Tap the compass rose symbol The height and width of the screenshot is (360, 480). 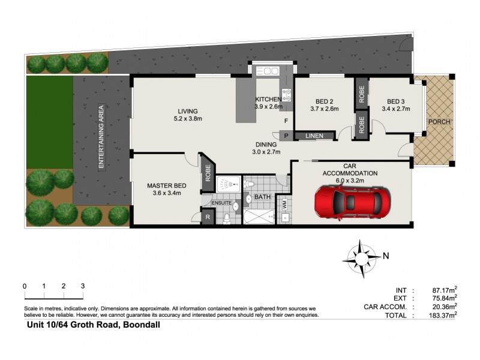(x=361, y=256)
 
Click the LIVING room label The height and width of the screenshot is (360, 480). (x=187, y=110)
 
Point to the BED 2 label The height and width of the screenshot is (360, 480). (x=325, y=101)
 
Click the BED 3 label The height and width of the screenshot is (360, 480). (x=395, y=101)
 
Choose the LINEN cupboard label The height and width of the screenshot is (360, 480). (x=314, y=136)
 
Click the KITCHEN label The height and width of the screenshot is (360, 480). (x=268, y=99)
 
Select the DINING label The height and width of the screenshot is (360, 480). (x=266, y=145)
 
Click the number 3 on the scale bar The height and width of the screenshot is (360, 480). (x=82, y=286)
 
